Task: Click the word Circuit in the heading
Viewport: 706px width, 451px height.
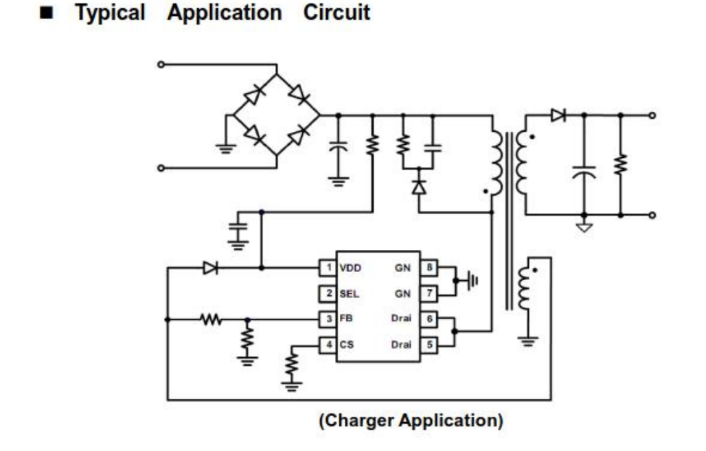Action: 337,13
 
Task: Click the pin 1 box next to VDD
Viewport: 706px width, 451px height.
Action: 328,268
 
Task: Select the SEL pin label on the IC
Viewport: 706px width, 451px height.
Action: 350,294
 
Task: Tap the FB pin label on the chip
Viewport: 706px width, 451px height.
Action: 346,319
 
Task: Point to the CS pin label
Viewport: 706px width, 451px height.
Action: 346,345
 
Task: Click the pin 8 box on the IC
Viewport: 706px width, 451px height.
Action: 429,268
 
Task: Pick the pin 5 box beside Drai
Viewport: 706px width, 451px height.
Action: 429,345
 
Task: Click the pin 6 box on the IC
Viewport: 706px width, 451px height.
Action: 429,319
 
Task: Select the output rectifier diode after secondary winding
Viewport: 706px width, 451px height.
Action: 558,115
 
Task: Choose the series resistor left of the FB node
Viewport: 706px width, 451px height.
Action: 211,319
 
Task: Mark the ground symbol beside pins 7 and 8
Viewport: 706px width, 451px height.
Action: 472,280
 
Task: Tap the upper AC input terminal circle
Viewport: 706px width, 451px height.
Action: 161,65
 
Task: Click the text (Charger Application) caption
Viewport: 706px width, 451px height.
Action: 410,420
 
